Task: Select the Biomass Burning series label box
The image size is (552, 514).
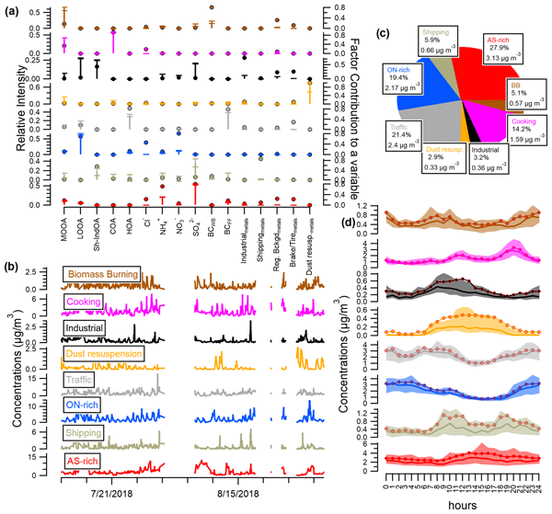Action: [101, 274]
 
